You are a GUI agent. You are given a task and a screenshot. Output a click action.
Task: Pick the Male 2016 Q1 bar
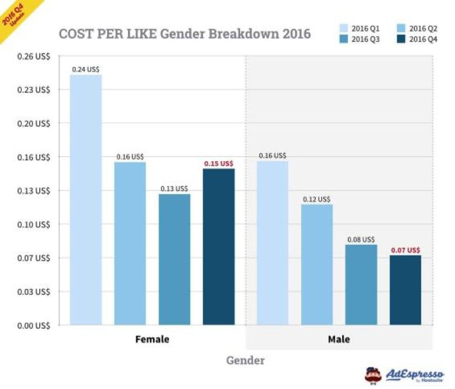pos(272,243)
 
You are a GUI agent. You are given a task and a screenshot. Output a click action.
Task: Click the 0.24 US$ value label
pos(86,69)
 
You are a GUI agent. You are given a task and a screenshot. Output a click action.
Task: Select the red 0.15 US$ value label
pos(218,163)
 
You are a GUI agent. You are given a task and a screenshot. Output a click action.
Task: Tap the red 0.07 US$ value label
pos(406,250)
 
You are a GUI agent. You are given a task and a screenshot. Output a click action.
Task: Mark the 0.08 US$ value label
pos(361,239)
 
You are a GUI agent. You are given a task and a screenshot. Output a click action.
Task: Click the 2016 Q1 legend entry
pos(360,28)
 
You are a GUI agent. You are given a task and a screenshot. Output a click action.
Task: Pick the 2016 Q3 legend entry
pos(360,40)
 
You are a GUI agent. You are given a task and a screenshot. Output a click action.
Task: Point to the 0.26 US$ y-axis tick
pos(34,56)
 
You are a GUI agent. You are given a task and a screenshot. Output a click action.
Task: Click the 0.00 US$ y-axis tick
pos(34,325)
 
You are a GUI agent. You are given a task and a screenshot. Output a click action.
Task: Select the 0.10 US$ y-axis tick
pos(34,224)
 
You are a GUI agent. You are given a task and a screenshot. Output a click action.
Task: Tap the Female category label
pos(152,340)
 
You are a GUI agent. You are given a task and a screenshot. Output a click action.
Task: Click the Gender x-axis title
pos(245,360)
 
